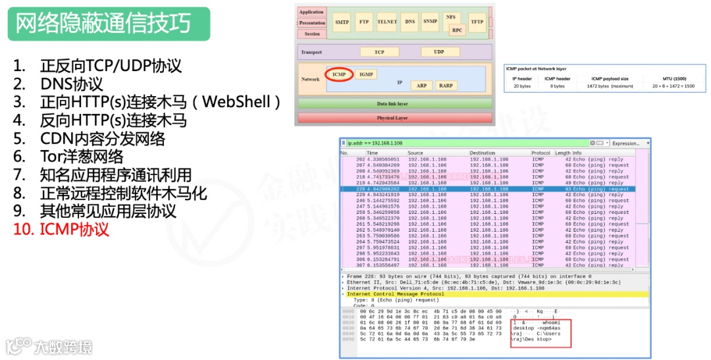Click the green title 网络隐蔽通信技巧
click(103, 24)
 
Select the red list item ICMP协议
click(74, 230)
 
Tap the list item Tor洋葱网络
click(81, 157)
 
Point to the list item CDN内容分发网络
click(102, 139)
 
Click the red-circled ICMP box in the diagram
click(339, 74)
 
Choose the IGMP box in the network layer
click(366, 74)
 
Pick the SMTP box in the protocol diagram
click(342, 22)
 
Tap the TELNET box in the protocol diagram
click(387, 22)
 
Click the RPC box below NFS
click(457, 30)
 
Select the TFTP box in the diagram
click(477, 22)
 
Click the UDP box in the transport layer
click(438, 52)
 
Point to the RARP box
click(446, 86)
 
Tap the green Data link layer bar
click(393, 104)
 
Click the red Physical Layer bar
click(393, 118)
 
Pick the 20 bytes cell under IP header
click(522, 86)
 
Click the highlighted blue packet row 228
click(486, 189)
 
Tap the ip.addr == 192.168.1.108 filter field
click(461, 143)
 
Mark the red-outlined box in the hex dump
click(540, 334)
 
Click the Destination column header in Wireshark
click(483, 153)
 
